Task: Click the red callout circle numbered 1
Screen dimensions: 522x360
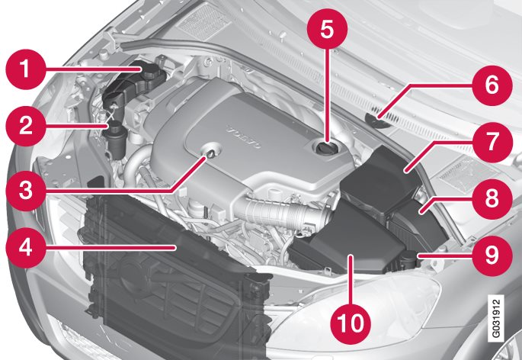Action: (26, 69)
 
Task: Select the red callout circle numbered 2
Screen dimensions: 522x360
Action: (26, 126)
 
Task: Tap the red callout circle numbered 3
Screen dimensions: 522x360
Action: (26, 191)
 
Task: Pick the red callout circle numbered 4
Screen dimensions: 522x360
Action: (26, 248)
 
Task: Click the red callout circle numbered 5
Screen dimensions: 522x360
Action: (327, 29)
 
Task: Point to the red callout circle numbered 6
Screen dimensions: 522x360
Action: (492, 85)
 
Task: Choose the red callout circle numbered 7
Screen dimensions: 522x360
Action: (492, 142)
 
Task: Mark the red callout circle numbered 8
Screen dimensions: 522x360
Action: (492, 199)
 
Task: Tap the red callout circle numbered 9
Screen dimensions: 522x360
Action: (492, 256)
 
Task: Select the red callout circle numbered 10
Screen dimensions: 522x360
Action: (351, 323)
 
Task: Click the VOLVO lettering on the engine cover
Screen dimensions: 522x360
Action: (244, 137)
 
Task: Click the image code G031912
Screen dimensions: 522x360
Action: (495, 318)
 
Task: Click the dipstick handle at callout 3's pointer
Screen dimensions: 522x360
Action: (210, 153)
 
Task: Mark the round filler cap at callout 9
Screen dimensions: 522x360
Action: (408, 259)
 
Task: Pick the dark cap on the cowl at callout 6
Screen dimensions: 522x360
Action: (377, 121)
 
